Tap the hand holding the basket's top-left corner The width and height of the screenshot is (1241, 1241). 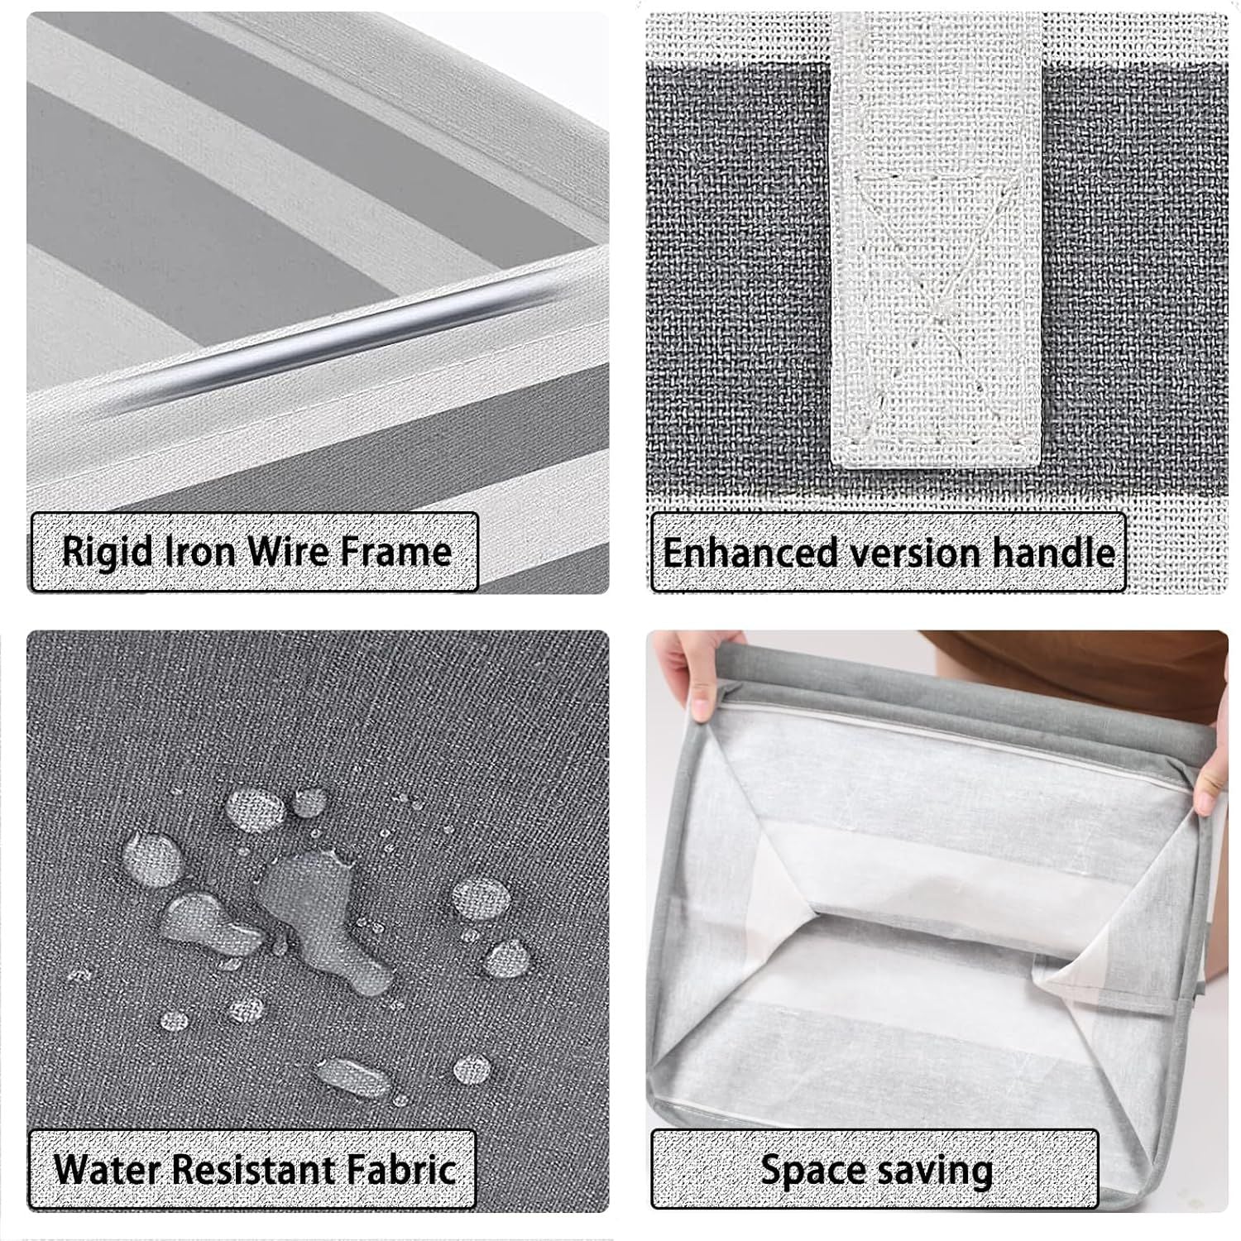(x=691, y=674)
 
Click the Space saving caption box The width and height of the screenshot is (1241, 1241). (x=874, y=1169)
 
